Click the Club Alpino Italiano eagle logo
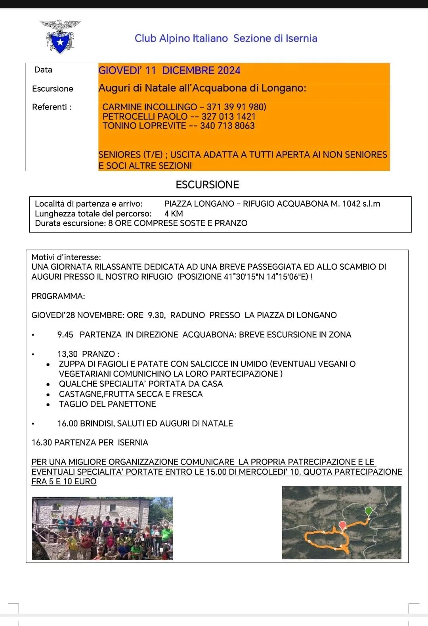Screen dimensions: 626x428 click(60, 37)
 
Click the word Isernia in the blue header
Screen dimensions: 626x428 click(301, 38)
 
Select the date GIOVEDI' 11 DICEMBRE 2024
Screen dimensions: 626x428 click(169, 71)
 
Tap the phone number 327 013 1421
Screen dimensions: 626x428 click(228, 117)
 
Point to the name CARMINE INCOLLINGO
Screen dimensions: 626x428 click(149, 107)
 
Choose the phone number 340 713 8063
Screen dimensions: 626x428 click(227, 126)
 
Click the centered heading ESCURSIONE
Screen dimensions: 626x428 click(207, 185)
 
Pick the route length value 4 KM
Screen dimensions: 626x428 click(174, 214)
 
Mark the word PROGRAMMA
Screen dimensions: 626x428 click(58, 296)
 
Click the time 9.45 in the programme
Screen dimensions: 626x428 click(65, 335)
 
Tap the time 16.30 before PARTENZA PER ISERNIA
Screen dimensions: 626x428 click(42, 443)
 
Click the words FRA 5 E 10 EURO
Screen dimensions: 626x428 click(64, 482)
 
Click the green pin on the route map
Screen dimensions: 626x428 click(369, 511)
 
